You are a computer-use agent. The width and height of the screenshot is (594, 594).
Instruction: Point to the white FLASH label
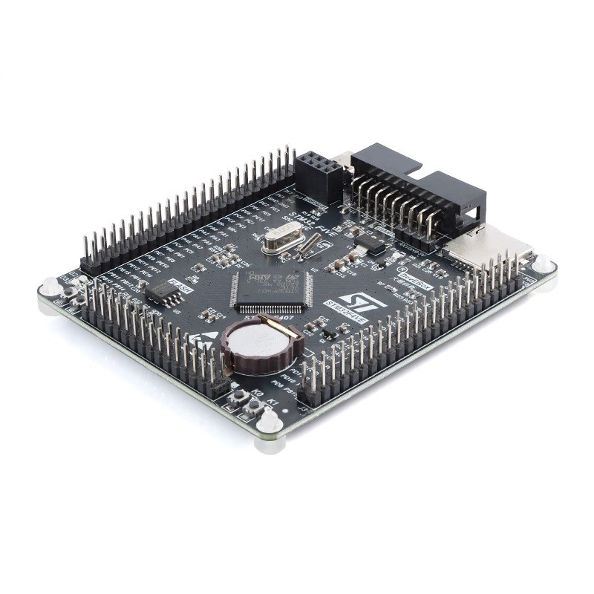pyautogui.click(x=180, y=284)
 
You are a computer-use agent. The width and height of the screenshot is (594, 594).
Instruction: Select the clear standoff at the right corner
pyautogui.click(x=541, y=263)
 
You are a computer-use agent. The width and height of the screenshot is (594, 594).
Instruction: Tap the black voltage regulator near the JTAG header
pyautogui.click(x=370, y=244)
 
